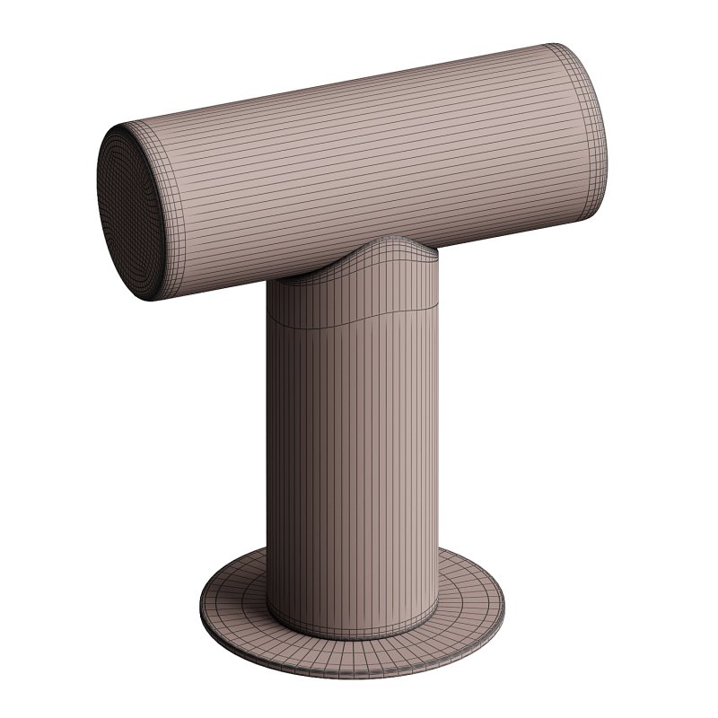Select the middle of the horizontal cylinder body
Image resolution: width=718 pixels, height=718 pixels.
pyautogui.click(x=359, y=171)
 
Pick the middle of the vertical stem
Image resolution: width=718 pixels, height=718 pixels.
pyautogui.click(x=352, y=449)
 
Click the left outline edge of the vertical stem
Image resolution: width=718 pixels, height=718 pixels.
pyautogui.click(x=267, y=449)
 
